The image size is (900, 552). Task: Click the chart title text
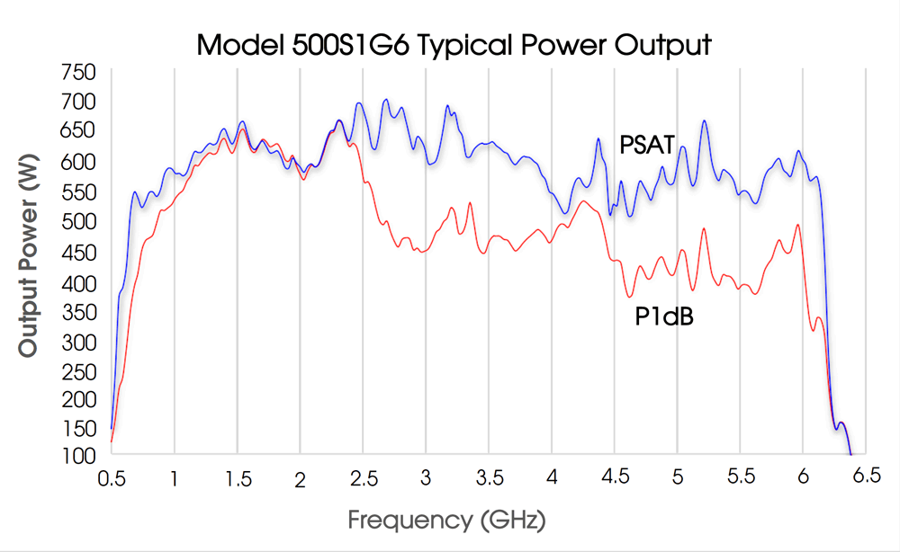click(x=454, y=44)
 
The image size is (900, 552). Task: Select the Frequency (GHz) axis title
click(x=447, y=520)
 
